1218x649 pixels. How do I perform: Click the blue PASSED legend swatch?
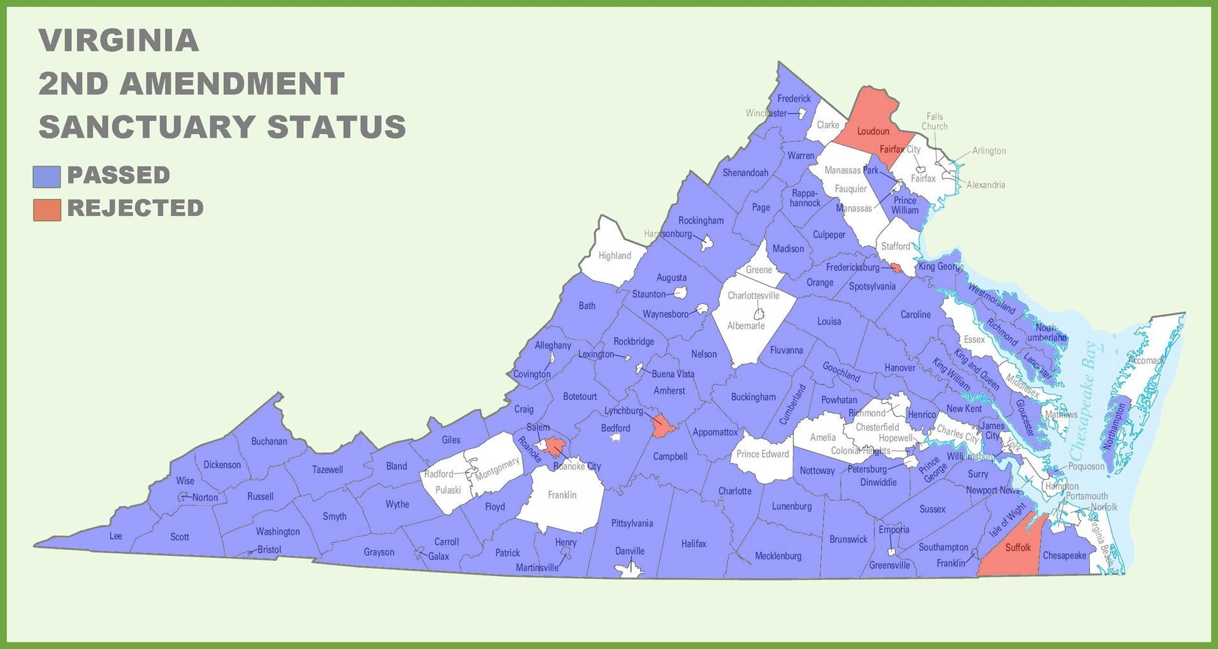point(47,177)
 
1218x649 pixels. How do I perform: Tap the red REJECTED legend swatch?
point(47,210)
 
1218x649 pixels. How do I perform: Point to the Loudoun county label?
point(873,131)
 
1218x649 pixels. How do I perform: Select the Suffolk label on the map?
point(1018,547)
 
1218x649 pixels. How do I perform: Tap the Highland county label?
point(615,256)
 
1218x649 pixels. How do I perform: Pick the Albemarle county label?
point(746,326)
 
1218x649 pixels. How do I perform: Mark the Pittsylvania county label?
point(632,523)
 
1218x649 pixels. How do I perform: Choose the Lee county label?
point(115,536)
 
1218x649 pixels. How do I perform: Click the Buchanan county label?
point(269,441)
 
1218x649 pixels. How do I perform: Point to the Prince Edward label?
point(763,454)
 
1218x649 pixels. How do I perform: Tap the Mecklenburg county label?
point(778,556)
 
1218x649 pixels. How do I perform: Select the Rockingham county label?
point(701,221)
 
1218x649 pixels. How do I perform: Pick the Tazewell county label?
point(327,470)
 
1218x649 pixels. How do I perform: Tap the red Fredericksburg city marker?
point(896,268)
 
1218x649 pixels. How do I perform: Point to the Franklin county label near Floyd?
point(562,495)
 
